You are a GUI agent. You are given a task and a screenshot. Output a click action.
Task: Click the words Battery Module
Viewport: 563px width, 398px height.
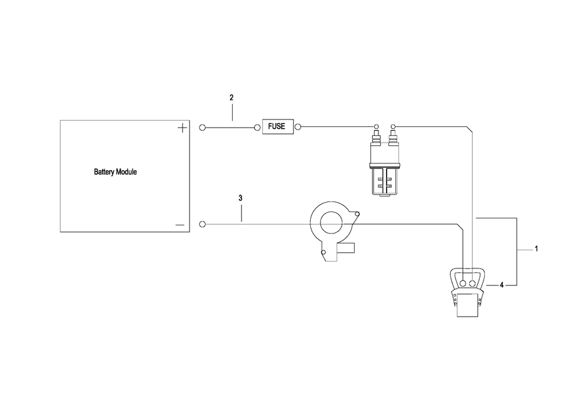click(x=115, y=171)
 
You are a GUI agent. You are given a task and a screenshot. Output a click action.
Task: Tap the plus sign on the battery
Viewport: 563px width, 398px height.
click(x=182, y=128)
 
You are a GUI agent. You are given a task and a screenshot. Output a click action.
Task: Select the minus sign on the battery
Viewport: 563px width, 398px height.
click(x=180, y=224)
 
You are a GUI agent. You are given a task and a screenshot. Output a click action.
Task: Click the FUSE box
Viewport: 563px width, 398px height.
click(x=276, y=126)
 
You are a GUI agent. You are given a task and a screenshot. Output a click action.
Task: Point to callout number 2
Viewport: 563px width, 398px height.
click(x=231, y=98)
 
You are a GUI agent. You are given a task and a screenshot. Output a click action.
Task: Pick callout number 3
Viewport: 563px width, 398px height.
click(x=241, y=198)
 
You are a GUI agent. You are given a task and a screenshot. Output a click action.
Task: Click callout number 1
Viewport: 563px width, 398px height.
click(x=536, y=248)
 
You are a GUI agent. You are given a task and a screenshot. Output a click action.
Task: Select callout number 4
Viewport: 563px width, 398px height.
click(x=502, y=285)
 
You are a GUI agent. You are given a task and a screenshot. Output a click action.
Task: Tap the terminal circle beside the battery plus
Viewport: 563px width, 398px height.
click(x=202, y=128)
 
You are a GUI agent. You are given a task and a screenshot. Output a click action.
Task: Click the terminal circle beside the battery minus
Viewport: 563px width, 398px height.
click(x=202, y=223)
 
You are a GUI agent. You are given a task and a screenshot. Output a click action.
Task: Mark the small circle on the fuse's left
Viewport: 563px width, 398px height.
click(x=257, y=128)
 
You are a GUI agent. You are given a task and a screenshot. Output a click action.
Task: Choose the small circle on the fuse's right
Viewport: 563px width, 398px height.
click(x=298, y=128)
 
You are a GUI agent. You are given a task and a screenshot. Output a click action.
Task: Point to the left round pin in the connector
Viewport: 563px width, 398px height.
click(x=461, y=283)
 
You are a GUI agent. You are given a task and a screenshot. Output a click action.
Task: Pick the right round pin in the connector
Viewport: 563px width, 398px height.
click(x=472, y=283)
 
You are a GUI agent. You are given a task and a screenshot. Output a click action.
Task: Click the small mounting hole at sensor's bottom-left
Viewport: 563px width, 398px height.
click(x=323, y=253)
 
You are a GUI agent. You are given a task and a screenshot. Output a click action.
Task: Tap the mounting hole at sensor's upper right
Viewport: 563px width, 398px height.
click(x=357, y=216)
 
